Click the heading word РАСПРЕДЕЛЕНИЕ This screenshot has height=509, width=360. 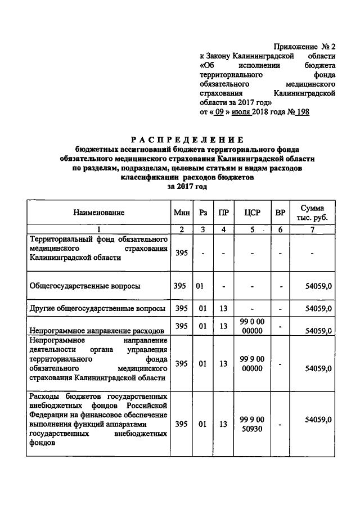(x=187, y=139)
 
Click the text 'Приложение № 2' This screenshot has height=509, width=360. (x=305, y=46)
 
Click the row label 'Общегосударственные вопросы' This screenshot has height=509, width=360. (x=85, y=286)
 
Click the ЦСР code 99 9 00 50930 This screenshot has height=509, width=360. (x=251, y=424)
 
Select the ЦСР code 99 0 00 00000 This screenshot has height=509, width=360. (x=251, y=326)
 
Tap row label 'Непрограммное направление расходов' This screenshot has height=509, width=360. (x=97, y=331)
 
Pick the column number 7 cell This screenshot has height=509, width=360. (x=312, y=229)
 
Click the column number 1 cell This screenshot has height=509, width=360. (x=98, y=229)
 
